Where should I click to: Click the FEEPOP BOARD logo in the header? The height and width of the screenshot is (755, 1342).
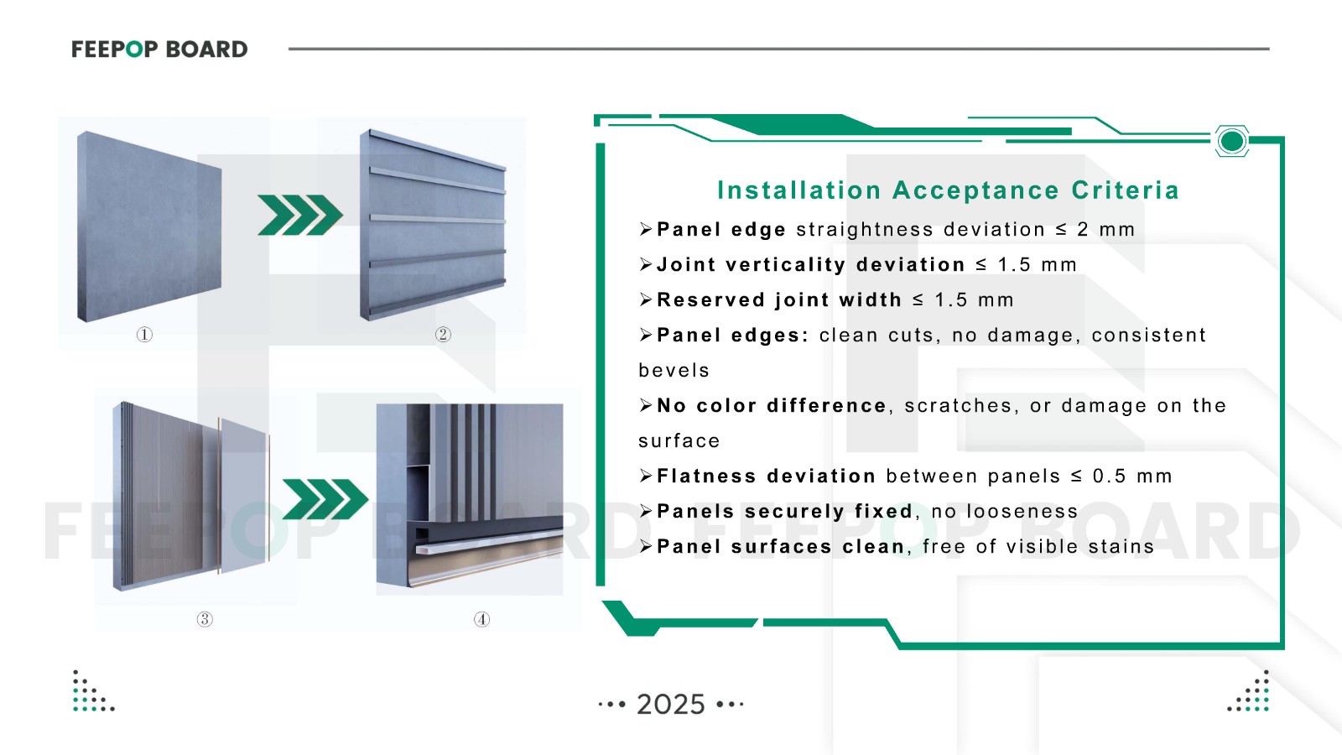[159, 49]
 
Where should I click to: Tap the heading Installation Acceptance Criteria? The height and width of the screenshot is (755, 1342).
[948, 190]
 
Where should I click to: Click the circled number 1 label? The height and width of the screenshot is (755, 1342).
[144, 335]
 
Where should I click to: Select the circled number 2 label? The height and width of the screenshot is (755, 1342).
[443, 335]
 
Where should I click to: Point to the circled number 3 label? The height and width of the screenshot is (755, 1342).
[205, 619]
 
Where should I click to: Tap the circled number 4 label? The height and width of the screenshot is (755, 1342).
[481, 619]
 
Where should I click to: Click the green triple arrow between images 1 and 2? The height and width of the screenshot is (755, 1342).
[299, 215]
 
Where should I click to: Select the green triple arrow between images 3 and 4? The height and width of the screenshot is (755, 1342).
[325, 499]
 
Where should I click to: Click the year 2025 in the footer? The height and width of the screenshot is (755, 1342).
[671, 704]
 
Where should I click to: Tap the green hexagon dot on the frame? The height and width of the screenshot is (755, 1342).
[1231, 141]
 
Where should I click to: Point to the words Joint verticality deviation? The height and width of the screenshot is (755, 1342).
[810, 265]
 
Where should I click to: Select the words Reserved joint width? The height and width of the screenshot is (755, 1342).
[778, 300]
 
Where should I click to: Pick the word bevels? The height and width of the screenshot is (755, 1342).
[674, 371]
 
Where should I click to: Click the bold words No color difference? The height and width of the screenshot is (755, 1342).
[771, 406]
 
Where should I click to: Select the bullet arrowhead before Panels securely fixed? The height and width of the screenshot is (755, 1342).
[646, 511]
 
